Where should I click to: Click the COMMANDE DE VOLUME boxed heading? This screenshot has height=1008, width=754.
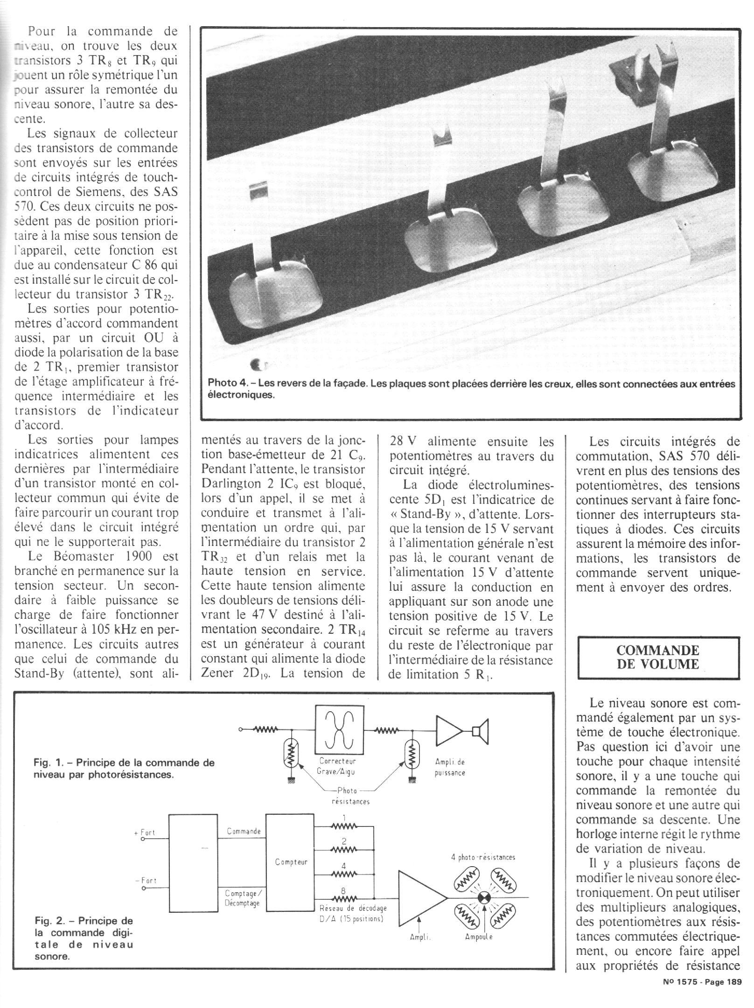(x=658, y=658)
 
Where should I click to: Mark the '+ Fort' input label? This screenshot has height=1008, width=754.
(x=148, y=833)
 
